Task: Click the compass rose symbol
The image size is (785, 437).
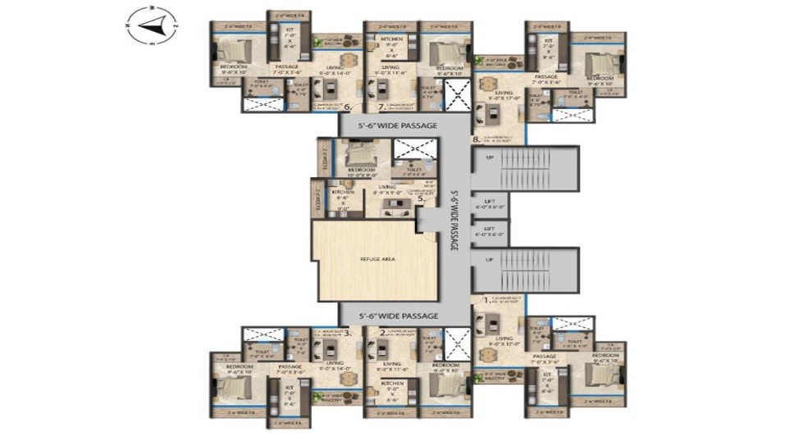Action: point(152,26)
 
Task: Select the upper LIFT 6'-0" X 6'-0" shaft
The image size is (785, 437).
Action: point(489,204)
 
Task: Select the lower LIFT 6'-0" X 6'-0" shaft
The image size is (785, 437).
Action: point(489,232)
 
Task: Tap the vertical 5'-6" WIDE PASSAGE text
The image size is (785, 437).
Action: point(454,221)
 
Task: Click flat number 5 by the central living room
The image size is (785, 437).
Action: point(420,198)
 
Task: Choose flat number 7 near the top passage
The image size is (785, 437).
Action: point(380,107)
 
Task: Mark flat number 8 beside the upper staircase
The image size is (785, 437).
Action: point(476,139)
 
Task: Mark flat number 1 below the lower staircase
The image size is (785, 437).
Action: point(485,300)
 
